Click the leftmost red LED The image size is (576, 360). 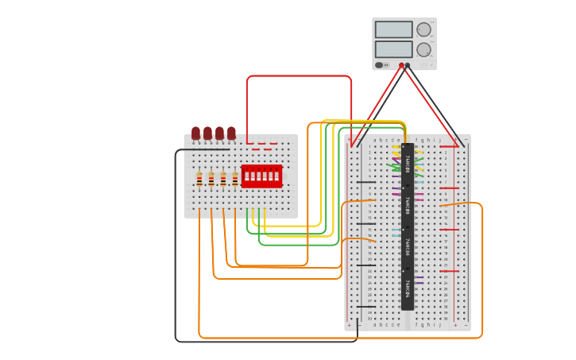click(196, 133)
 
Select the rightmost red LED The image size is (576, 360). click(231, 133)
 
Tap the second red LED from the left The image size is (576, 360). click(208, 133)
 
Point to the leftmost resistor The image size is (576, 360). click(199, 180)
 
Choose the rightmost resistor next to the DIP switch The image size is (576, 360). click(235, 180)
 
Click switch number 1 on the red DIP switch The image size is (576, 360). click(246, 176)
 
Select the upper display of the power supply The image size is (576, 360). click(393, 29)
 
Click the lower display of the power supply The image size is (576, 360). click(393, 49)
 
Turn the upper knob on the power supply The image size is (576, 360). click(424, 29)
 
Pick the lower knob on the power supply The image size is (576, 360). click(424, 49)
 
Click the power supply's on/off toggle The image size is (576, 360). click(381, 65)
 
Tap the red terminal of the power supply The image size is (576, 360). click(401, 66)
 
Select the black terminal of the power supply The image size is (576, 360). click(408, 66)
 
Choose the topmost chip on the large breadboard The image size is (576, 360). click(408, 164)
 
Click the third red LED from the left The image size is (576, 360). click(220, 133)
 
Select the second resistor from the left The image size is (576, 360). click(211, 180)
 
